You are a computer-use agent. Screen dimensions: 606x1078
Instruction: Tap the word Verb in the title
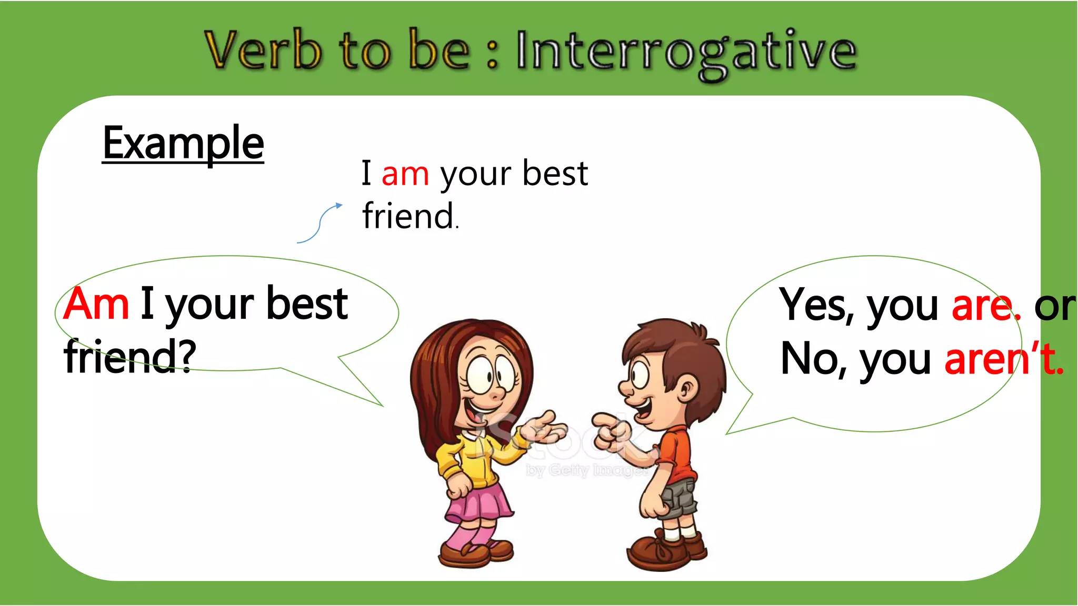[263, 50]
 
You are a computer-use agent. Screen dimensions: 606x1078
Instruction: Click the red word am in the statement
[405, 174]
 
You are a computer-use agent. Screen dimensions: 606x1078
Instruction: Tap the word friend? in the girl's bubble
[129, 356]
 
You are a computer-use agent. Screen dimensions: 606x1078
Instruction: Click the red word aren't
[1003, 359]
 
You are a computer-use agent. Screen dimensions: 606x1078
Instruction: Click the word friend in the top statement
[408, 216]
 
